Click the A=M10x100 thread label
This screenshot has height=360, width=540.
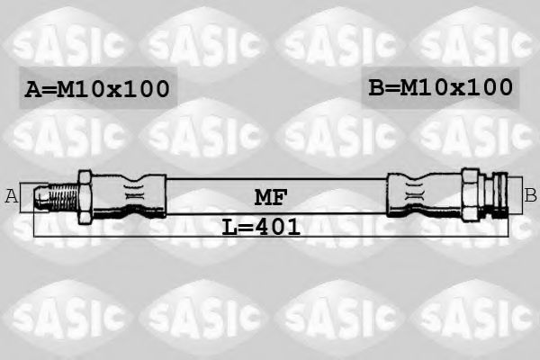(96, 88)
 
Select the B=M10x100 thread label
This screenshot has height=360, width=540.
(440, 86)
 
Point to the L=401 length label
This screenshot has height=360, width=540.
(261, 227)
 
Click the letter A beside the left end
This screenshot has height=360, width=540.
(12, 195)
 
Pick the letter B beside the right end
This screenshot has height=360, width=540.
(530, 193)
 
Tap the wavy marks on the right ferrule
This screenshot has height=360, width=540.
(416, 192)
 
